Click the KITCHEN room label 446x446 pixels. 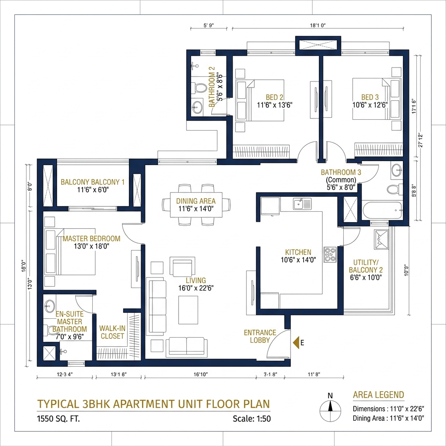coord(298,252)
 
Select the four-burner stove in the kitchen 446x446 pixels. coord(330,254)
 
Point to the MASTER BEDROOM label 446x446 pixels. coord(91,239)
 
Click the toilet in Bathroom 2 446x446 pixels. coord(200,88)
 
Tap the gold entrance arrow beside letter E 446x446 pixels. coord(296,343)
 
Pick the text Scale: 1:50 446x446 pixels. coord(251,419)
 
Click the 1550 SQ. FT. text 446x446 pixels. coord(58,419)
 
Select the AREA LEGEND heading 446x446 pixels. coord(378,395)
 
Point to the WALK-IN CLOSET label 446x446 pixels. coord(112,332)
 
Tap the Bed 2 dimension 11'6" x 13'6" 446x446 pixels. coord(274,105)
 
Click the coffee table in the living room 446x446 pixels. coord(188,310)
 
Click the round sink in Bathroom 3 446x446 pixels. coord(397,170)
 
